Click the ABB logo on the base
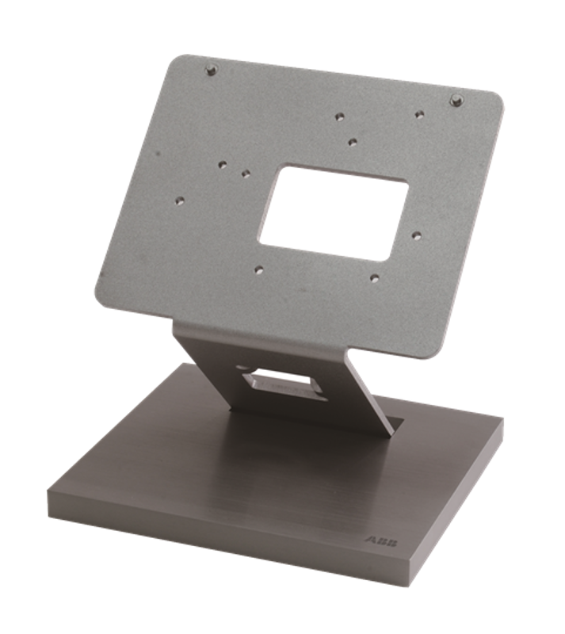tap(381, 541)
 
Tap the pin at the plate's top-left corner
tap(210, 70)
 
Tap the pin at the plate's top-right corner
tap(456, 100)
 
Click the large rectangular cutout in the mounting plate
tap(334, 212)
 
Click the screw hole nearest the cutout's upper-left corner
tap(246, 174)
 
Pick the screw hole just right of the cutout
tap(417, 235)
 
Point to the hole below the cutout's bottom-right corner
tap(375, 278)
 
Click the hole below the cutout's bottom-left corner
tap(259, 269)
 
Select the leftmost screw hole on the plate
tap(180, 200)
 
